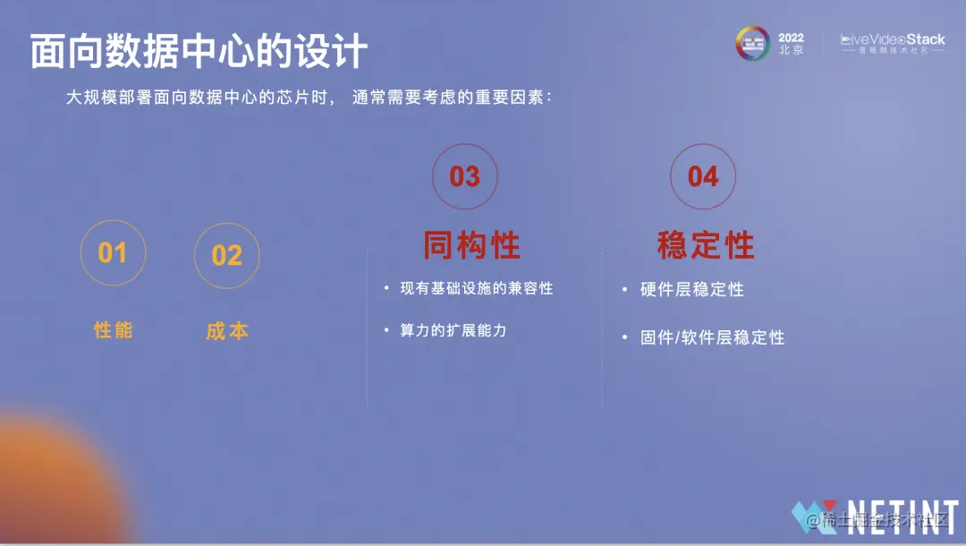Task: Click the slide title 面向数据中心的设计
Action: pos(199,53)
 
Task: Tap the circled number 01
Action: pos(113,253)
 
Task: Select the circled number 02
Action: pos(226,256)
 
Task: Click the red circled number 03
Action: pos(464,176)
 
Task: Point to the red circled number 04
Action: pos(703,176)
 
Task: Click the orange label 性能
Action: pos(114,330)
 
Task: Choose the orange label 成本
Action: pos(227,331)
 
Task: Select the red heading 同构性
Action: pos(471,245)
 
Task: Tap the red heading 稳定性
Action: pos(706,245)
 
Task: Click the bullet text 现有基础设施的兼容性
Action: pos(476,289)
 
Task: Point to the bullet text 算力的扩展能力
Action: pos(453,330)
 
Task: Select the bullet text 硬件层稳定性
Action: pos(691,290)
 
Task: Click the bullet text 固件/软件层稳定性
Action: pos(712,337)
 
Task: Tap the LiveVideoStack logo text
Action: pos(892,40)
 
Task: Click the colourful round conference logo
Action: pos(752,43)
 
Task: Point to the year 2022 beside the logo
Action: pos(792,38)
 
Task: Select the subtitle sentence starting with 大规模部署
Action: pos(309,98)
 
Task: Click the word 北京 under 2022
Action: pos(792,51)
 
